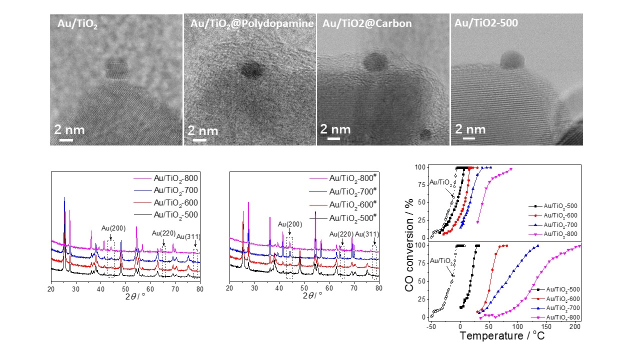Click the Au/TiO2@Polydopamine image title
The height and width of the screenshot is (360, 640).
pos(252,23)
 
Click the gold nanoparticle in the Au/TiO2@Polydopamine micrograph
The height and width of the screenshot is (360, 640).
pos(251,70)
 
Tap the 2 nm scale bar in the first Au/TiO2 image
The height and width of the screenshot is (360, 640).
pos(66,139)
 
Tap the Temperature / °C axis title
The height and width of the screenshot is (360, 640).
pos(502,335)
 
